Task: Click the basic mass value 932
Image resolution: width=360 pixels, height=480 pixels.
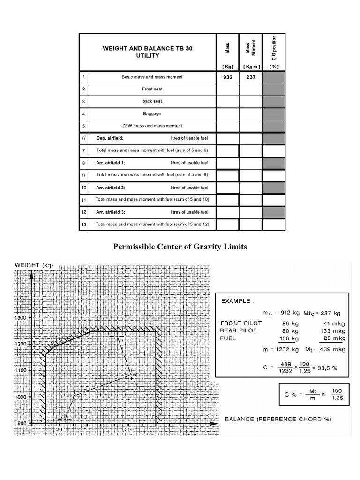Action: click(x=227, y=77)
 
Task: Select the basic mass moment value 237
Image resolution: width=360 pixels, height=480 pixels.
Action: click(x=251, y=77)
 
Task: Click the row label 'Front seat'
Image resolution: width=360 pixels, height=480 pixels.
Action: click(x=152, y=89)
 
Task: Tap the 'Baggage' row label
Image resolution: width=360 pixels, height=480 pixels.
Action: click(x=152, y=113)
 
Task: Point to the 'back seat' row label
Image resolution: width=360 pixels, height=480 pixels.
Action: click(x=152, y=101)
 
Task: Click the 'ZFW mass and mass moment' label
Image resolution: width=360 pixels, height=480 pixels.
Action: click(x=152, y=126)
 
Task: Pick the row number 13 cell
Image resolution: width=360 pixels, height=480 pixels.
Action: click(x=83, y=225)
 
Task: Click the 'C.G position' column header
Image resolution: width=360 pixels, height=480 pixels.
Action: click(x=274, y=48)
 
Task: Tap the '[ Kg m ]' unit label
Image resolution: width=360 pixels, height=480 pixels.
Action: click(x=251, y=67)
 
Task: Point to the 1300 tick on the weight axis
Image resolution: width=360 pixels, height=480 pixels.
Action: click(x=22, y=317)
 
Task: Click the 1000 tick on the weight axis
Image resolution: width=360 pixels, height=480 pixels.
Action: click(x=22, y=396)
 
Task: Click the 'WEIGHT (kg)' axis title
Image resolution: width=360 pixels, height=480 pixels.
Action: click(x=34, y=265)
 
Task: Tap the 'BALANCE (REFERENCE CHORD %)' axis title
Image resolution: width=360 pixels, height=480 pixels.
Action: click(x=278, y=419)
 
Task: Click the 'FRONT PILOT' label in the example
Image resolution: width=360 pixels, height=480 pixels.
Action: click(x=241, y=323)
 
